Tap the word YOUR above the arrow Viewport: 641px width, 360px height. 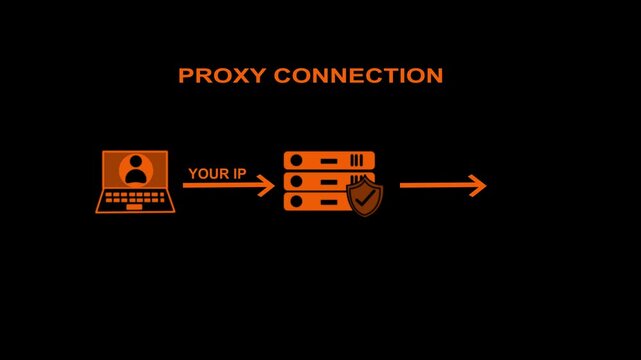coord(209,173)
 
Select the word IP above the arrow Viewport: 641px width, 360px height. coord(240,173)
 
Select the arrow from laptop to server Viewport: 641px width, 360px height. coord(228,185)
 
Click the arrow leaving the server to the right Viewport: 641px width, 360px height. coord(442,185)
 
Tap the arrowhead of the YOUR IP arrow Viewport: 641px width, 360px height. coord(267,185)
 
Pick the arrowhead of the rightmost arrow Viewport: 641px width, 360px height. coord(478,185)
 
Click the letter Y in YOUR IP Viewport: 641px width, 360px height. coord(192,173)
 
